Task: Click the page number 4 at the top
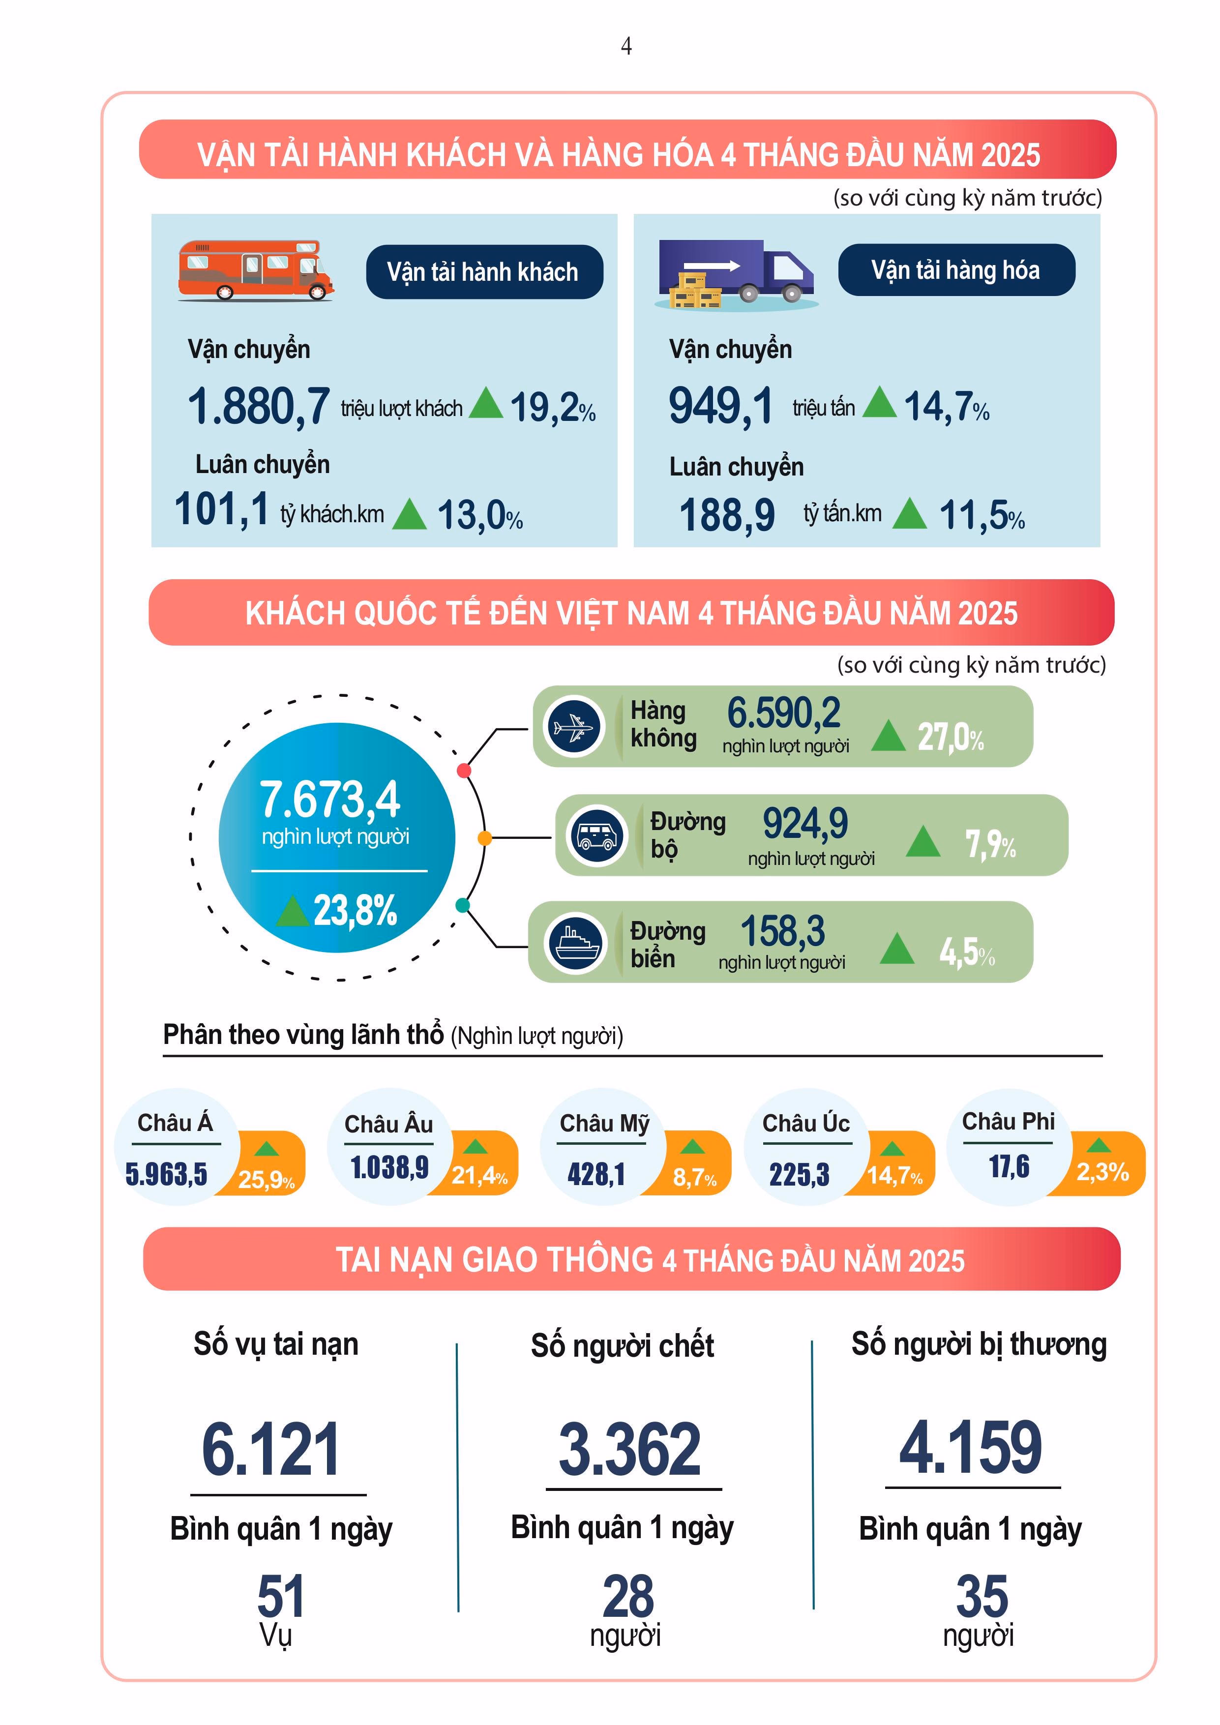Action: (626, 47)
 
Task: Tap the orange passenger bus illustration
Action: (255, 270)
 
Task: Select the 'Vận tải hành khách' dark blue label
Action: (484, 272)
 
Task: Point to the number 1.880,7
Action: (259, 407)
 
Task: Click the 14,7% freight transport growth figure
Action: (945, 407)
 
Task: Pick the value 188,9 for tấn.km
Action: (726, 515)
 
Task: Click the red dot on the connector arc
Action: (464, 770)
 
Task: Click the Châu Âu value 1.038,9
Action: (389, 1167)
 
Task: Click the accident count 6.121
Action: (270, 1450)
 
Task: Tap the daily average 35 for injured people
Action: (981, 1595)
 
